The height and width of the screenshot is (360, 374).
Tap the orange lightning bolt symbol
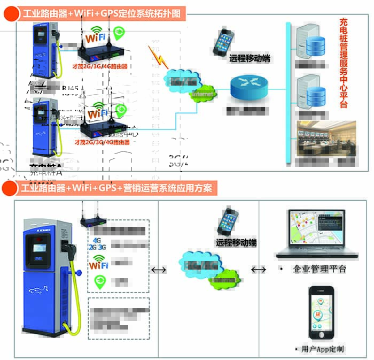[156, 55]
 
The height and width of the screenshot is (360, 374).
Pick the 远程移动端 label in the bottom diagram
[236, 242]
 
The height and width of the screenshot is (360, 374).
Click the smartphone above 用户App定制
[321, 313]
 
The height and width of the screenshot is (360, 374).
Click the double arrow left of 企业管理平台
[259, 270]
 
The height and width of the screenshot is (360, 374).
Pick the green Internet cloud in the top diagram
[202, 94]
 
